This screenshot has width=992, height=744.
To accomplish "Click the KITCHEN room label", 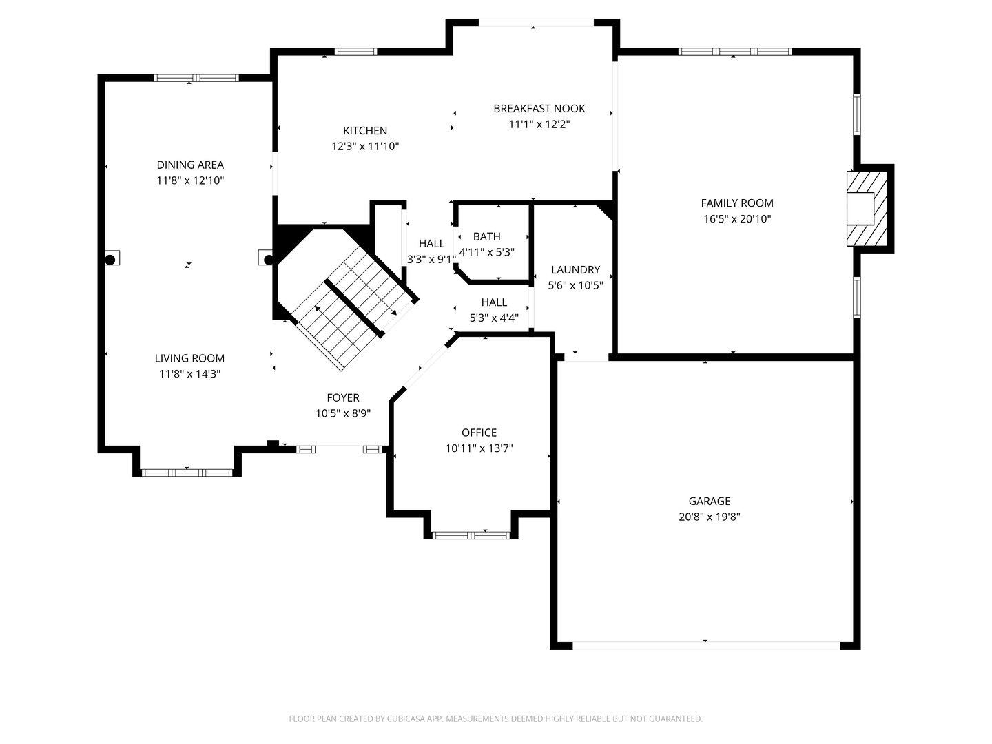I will pyautogui.click(x=365, y=130).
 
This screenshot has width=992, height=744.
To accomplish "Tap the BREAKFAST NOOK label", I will pyautogui.click(x=539, y=108).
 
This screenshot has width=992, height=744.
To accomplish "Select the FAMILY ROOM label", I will pyautogui.click(x=736, y=203).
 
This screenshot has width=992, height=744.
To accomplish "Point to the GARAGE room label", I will pyautogui.click(x=709, y=501).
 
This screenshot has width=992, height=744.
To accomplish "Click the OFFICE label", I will pyautogui.click(x=479, y=432).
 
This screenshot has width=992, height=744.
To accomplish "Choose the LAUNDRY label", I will pyautogui.click(x=575, y=269).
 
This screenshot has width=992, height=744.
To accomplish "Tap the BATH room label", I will pyautogui.click(x=486, y=236).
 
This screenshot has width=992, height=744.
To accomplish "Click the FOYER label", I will pyautogui.click(x=342, y=397).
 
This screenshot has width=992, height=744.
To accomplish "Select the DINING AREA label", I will pyautogui.click(x=190, y=165).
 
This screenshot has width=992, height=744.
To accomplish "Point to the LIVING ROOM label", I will pyautogui.click(x=189, y=358).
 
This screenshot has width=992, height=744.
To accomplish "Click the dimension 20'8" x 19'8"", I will pyautogui.click(x=709, y=517).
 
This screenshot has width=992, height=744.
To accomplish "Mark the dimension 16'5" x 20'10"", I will pyautogui.click(x=736, y=219).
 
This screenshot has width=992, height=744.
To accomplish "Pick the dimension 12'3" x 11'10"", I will pyautogui.click(x=365, y=146).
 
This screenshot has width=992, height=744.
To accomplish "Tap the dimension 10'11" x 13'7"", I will pyautogui.click(x=479, y=448).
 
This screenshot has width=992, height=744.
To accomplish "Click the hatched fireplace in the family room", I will pyautogui.click(x=867, y=208).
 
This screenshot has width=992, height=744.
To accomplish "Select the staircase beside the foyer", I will pyautogui.click(x=351, y=303).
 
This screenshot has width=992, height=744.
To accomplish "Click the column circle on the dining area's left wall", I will pyautogui.click(x=110, y=259).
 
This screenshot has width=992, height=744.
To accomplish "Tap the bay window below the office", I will pyautogui.click(x=471, y=535).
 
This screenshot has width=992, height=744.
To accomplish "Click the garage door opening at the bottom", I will pyautogui.click(x=706, y=645).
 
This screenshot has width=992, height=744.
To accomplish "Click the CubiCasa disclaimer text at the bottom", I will pyautogui.click(x=495, y=719).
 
